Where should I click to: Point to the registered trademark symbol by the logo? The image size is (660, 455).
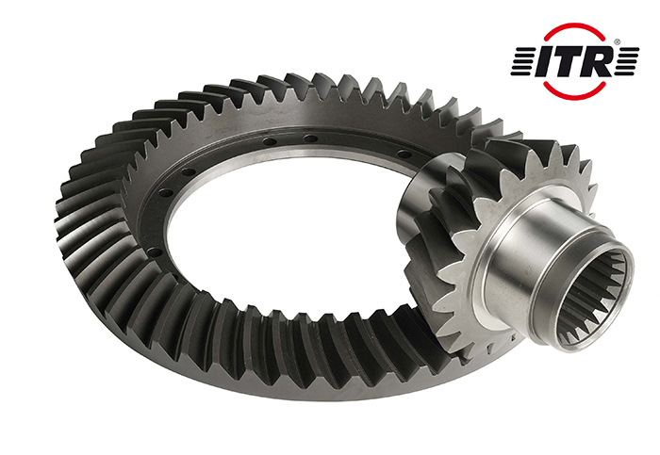(617, 42)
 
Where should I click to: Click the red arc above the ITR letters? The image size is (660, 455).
(574, 26)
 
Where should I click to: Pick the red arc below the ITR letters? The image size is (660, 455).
(574, 96)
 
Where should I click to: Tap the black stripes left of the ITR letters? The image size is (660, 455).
(523, 61)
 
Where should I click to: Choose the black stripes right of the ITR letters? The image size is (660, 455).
(627, 61)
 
